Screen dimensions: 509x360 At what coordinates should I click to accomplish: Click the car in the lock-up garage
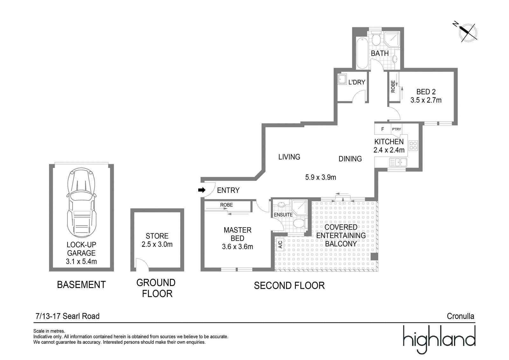pos(81,203)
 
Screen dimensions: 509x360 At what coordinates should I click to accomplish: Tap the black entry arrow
pos(202,190)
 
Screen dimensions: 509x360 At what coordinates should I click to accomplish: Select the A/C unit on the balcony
pos(280,245)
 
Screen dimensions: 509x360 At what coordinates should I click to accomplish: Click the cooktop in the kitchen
pos(413,146)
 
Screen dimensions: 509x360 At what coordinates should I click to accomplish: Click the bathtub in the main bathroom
pos(362,53)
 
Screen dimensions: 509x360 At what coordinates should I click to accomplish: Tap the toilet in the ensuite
pos(299,223)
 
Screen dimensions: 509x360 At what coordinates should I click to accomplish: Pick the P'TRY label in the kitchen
pos(396,129)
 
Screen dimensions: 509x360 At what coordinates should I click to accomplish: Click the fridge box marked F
pos(383,129)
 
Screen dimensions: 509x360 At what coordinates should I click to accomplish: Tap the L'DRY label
pos(357,82)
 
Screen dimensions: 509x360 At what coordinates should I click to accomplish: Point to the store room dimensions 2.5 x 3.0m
pos(157,244)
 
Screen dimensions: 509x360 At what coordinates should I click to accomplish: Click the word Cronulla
pos(460,316)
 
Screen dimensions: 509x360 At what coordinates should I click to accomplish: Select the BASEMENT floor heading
pos(81,285)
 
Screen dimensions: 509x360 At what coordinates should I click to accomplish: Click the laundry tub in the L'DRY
pos(342,79)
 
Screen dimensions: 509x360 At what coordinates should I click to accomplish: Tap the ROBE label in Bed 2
pos(393,86)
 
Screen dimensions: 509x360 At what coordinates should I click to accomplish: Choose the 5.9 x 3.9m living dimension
pos(320,177)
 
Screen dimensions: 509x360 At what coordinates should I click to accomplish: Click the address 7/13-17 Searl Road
pos(67,316)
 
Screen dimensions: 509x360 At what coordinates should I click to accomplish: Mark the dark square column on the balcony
pos(374,257)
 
